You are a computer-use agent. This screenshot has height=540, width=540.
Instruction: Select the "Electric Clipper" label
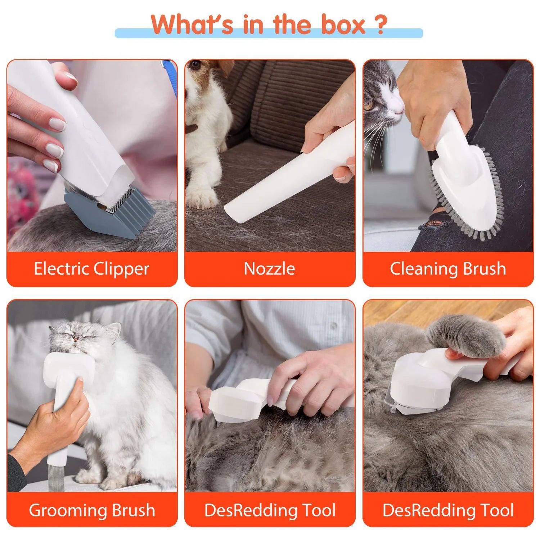point(91,269)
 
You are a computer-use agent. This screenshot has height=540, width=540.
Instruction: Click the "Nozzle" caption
point(269,269)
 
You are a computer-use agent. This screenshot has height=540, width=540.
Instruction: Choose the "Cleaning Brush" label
point(448,269)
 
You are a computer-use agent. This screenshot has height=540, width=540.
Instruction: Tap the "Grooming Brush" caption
point(92,510)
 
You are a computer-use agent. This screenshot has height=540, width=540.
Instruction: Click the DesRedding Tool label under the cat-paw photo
point(448,510)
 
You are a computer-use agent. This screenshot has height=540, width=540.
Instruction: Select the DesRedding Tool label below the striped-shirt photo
point(270,510)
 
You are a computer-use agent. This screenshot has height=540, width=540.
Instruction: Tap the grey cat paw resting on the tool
point(464,335)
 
